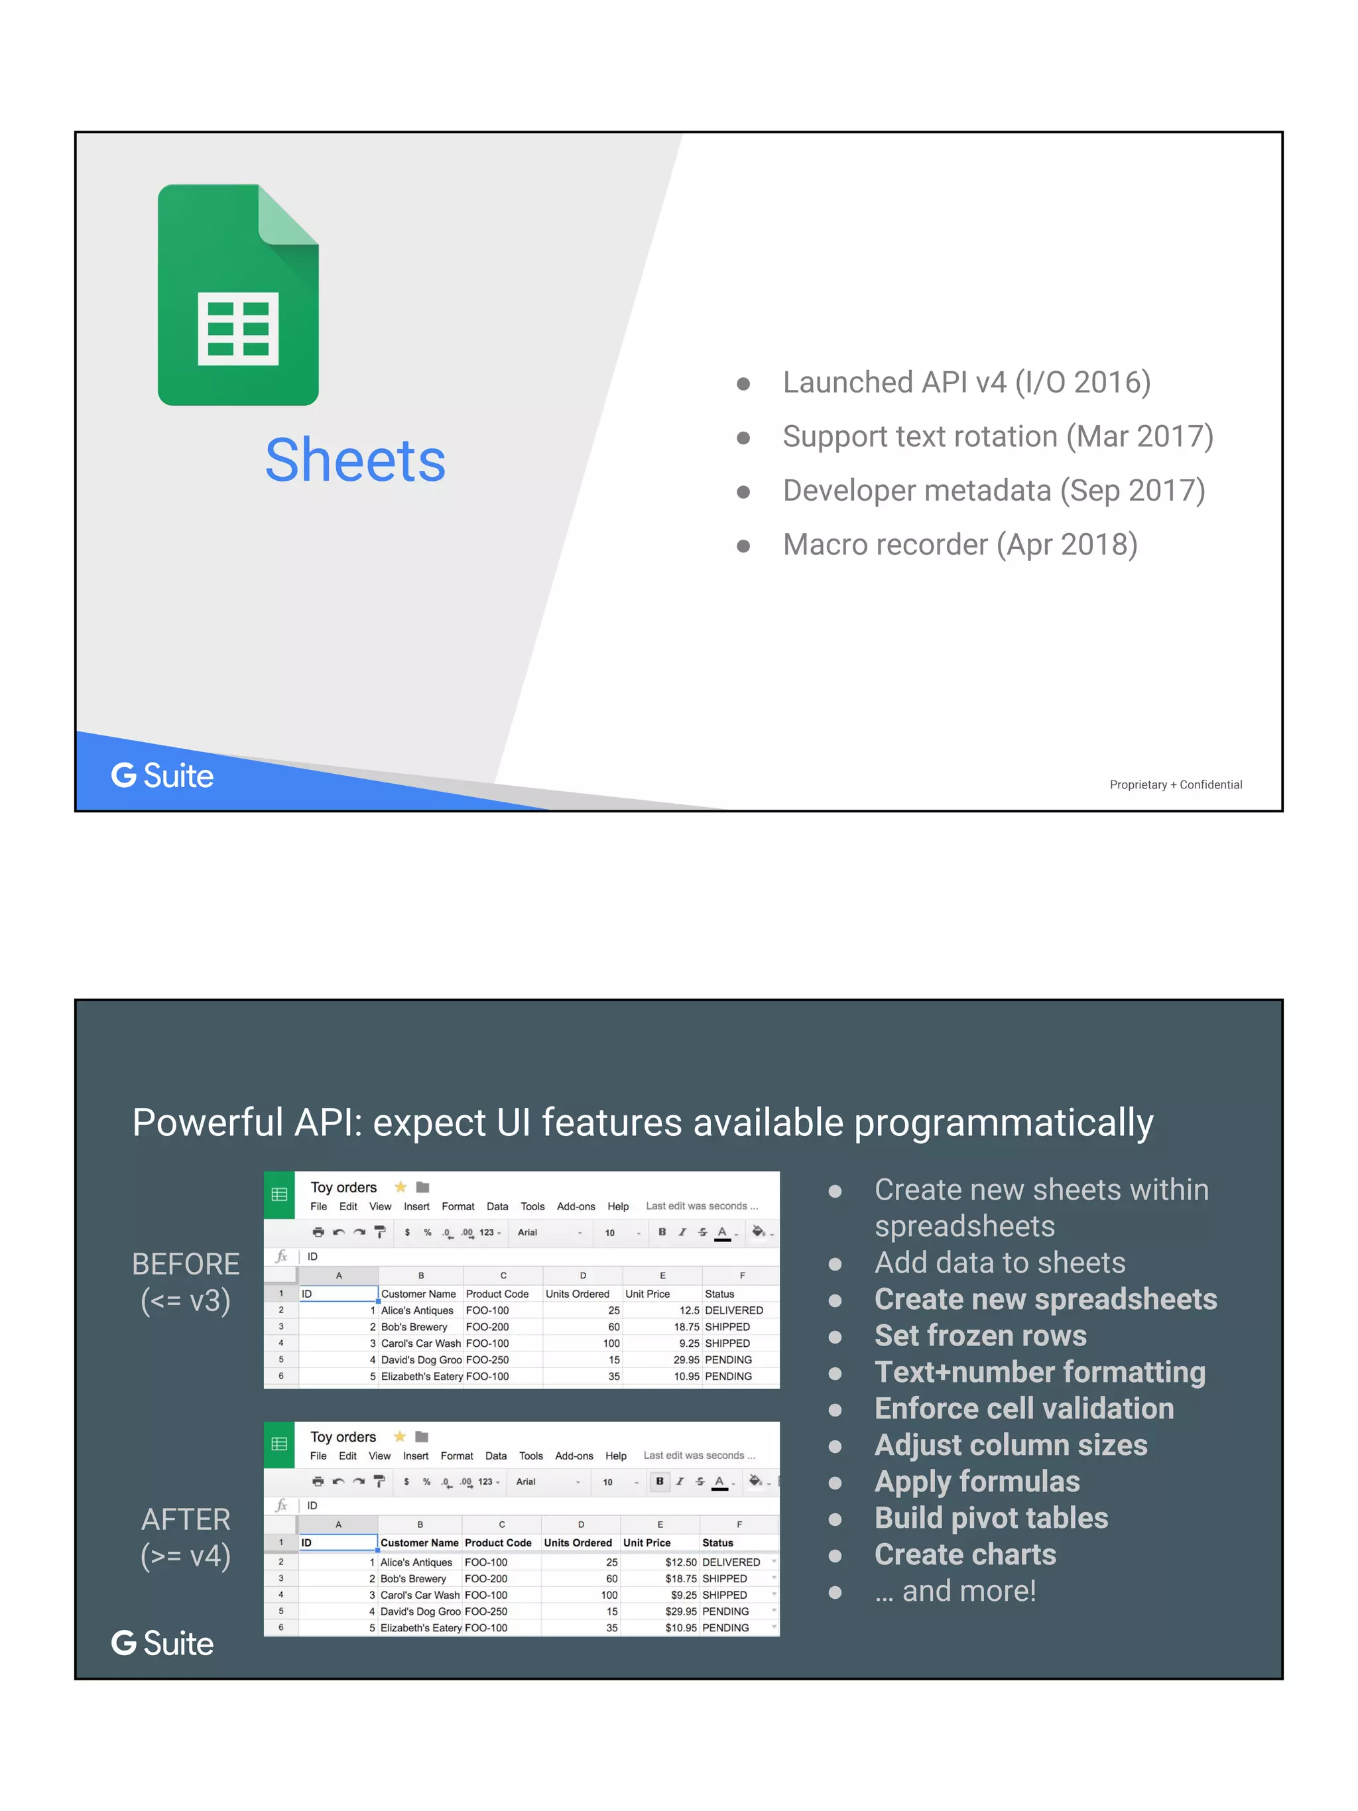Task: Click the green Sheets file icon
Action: tap(237, 294)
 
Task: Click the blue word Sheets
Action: tap(355, 460)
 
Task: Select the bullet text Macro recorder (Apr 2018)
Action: tap(959, 544)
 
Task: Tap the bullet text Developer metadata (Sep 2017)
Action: tap(993, 491)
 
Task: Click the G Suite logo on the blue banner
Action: tap(162, 775)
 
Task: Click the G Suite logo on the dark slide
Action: tap(162, 1643)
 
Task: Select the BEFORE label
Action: tap(186, 1264)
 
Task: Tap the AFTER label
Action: tap(186, 1519)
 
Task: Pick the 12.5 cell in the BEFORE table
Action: tap(688, 1310)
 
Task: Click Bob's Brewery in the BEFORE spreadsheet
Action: tap(414, 1326)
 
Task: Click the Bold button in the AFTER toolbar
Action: tap(660, 1481)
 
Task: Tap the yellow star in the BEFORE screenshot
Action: tap(401, 1187)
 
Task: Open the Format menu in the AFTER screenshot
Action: tap(456, 1456)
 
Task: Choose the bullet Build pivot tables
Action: tap(991, 1518)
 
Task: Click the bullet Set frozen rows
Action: tap(980, 1336)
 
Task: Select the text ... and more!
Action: tap(954, 1591)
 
